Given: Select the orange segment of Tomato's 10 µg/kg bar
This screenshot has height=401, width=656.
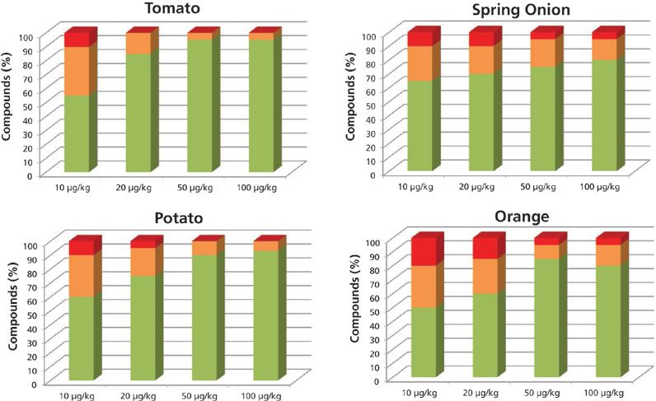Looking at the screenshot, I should [77, 71].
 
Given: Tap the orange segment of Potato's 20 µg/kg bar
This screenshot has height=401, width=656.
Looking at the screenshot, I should [143, 261].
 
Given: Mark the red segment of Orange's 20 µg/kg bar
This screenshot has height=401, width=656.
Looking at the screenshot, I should [485, 248].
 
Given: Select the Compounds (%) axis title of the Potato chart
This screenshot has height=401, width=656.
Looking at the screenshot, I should [11, 313].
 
